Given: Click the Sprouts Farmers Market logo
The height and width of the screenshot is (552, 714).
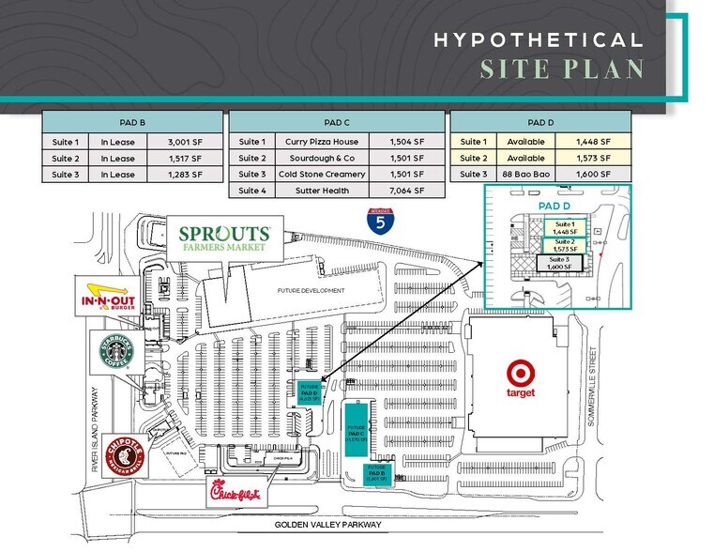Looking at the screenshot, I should [x=220, y=238].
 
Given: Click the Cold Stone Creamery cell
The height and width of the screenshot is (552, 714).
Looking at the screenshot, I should [x=319, y=175].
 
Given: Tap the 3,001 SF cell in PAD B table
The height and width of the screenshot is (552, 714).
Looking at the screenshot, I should [x=185, y=142].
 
